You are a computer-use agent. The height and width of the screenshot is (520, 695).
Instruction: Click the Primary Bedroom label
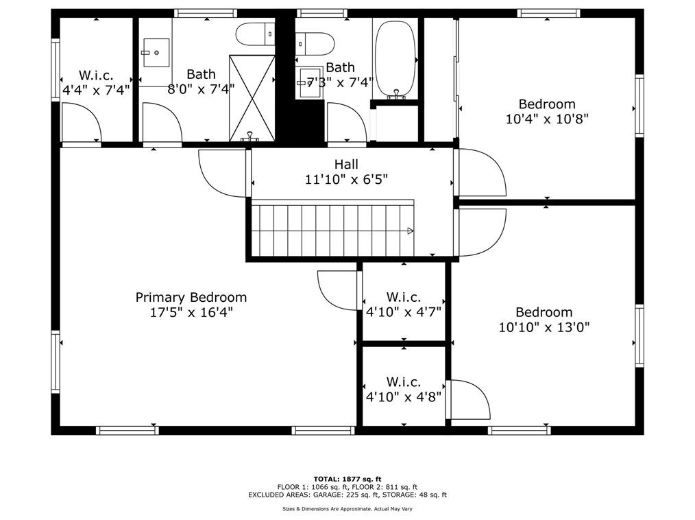[191, 297]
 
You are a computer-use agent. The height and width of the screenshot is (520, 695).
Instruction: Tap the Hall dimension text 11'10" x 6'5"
[346, 180]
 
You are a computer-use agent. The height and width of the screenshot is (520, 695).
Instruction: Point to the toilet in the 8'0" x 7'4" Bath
[255, 33]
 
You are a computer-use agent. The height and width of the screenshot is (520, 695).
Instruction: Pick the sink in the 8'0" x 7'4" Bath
[156, 52]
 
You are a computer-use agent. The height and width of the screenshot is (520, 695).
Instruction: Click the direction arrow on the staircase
[410, 231]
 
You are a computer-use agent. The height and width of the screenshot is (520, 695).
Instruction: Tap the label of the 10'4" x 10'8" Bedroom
[546, 104]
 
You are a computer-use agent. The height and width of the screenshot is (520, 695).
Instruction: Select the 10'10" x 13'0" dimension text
[544, 327]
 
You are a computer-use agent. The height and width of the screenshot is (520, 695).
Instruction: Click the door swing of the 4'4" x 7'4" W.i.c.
[81, 125]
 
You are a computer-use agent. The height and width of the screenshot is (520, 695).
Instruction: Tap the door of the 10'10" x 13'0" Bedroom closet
[469, 399]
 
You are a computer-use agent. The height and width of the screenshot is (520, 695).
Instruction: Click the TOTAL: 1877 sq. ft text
[347, 479]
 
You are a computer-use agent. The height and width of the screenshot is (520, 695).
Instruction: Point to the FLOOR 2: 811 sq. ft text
[386, 486]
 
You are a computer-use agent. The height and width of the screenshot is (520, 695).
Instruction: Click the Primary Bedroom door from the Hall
[223, 173]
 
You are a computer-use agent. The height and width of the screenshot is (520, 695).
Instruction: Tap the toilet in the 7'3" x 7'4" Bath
[315, 43]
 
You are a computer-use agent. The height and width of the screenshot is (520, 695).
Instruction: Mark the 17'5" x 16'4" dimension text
[191, 312]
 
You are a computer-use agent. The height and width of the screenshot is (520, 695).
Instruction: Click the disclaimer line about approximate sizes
[347, 508]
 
